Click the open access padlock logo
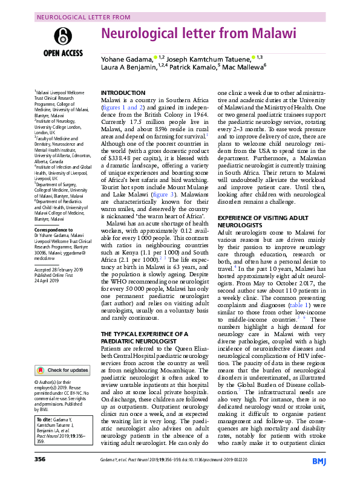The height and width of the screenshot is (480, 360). pyautogui.click(x=59, y=35)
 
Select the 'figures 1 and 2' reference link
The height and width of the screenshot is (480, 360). pyautogui.click(x=122, y=107)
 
